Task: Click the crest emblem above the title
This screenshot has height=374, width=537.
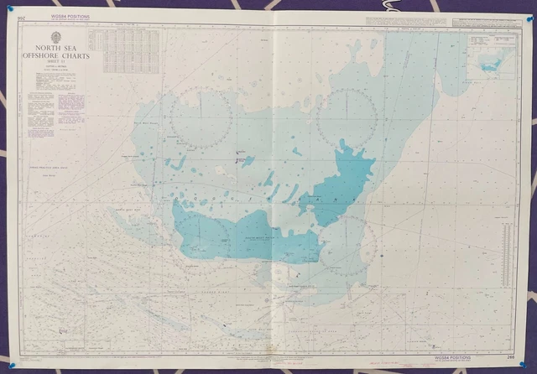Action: coord(56,37)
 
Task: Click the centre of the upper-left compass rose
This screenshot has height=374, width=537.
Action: coord(201,117)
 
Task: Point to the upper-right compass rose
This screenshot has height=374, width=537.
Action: coord(347,117)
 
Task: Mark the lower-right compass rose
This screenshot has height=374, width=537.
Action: coord(347,246)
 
